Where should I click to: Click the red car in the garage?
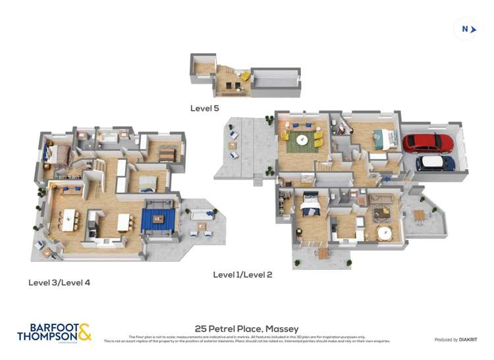[427, 143]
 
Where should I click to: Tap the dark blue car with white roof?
[435, 163]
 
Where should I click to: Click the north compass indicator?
[466, 29]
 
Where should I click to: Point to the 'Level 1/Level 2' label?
[242, 274]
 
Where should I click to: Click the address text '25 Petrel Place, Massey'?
[247, 328]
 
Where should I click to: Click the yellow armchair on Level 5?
[244, 77]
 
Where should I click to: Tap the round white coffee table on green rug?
[302, 140]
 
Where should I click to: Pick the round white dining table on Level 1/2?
[384, 233]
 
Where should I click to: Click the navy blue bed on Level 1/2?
[310, 208]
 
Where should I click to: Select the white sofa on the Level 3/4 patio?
[201, 214]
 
